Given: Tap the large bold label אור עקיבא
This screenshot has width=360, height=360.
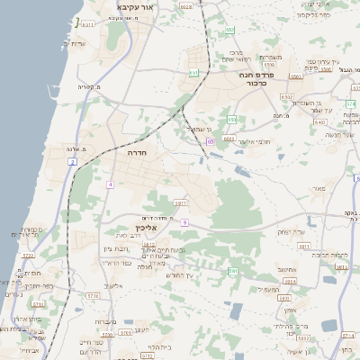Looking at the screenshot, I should click(x=136, y=7).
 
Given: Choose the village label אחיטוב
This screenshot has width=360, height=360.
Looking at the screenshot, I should click(x=287, y=268).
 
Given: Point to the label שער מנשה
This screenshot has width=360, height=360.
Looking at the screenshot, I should click(x=341, y=134).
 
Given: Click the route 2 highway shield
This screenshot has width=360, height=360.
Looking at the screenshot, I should click(x=72, y=161).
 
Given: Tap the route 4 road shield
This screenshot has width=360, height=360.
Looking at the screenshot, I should click(x=110, y=184).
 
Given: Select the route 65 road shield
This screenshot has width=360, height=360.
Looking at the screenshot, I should click(x=209, y=141).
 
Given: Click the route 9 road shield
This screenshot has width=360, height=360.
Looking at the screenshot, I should click(x=184, y=221).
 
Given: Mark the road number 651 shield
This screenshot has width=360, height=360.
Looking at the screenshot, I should click(x=193, y=72).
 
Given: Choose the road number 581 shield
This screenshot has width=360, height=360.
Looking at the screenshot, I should click(x=232, y=270).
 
